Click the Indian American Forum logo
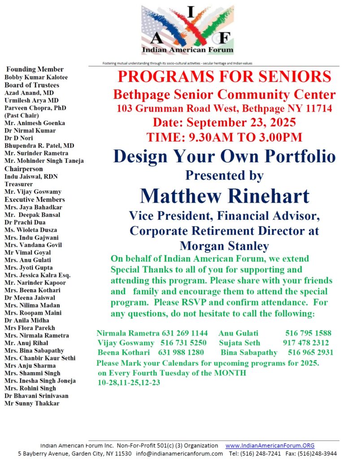(x=187, y=30)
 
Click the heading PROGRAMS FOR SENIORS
(x=224, y=77)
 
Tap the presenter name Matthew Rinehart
(x=224, y=196)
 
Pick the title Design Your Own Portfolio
(x=224, y=156)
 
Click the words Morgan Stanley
(x=224, y=246)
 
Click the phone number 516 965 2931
(x=311, y=353)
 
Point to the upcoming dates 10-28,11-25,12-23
(x=129, y=382)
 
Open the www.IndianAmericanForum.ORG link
(x=269, y=446)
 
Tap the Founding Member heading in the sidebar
(x=35, y=69)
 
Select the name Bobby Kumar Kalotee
(x=36, y=77)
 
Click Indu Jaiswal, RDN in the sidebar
(x=31, y=177)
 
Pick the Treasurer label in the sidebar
(x=18, y=184)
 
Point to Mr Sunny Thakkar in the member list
(x=32, y=403)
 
